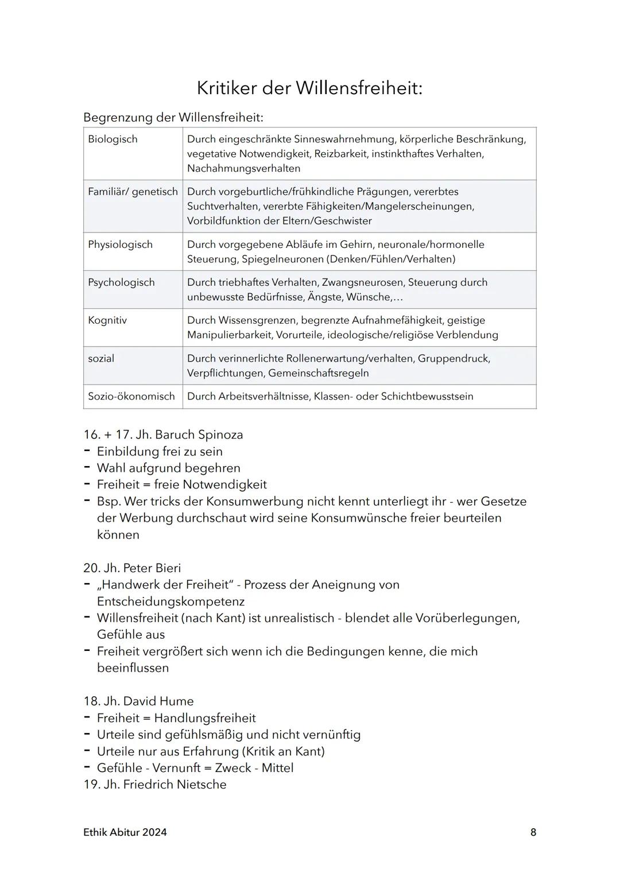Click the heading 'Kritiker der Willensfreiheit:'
tap(309, 88)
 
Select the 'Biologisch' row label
tap(113, 139)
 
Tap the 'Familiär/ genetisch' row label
tap(133, 192)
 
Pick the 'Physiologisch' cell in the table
tap(120, 245)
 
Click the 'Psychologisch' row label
tap(121, 282)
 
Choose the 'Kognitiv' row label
tap(107, 320)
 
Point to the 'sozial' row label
tap(101, 358)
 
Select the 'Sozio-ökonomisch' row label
tap(131, 396)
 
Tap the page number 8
tap(533, 832)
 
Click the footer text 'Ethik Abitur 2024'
tap(125, 832)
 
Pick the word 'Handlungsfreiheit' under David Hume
tap(205, 717)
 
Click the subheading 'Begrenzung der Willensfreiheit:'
tap(173, 117)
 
